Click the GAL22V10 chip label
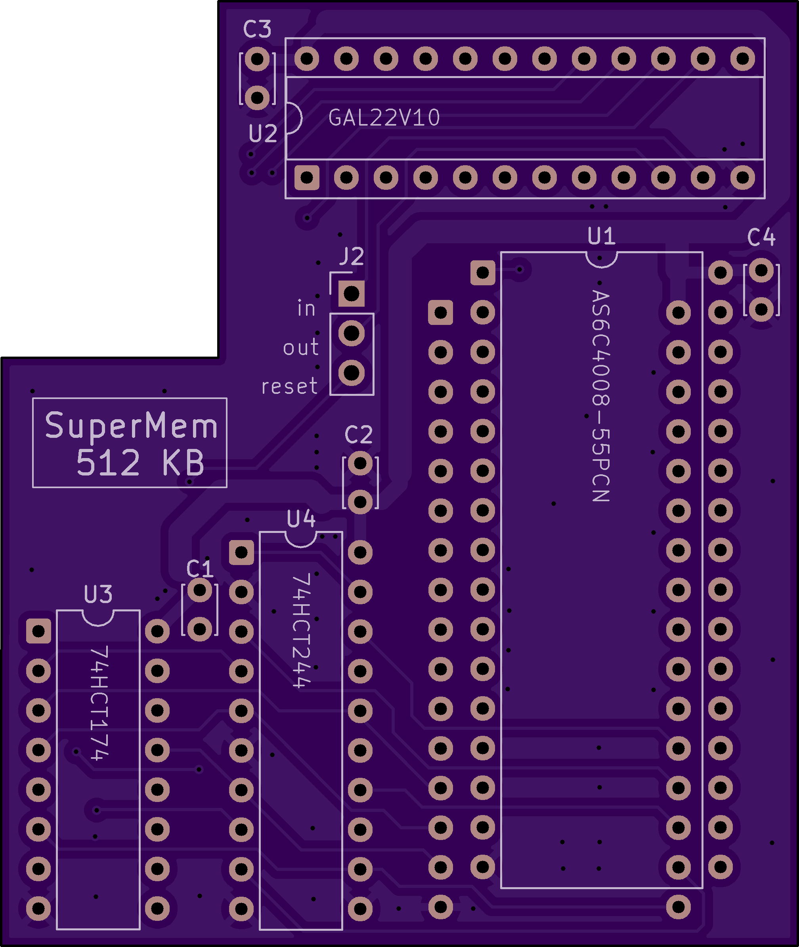pos(384,118)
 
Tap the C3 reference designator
pos(257,29)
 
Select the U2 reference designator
pos(263,134)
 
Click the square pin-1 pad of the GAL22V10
pos(307,177)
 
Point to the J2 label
pos(352,257)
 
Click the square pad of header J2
pos(352,294)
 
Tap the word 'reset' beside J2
pos(289,386)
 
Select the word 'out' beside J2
pos(301,347)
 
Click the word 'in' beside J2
pos(307,308)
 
